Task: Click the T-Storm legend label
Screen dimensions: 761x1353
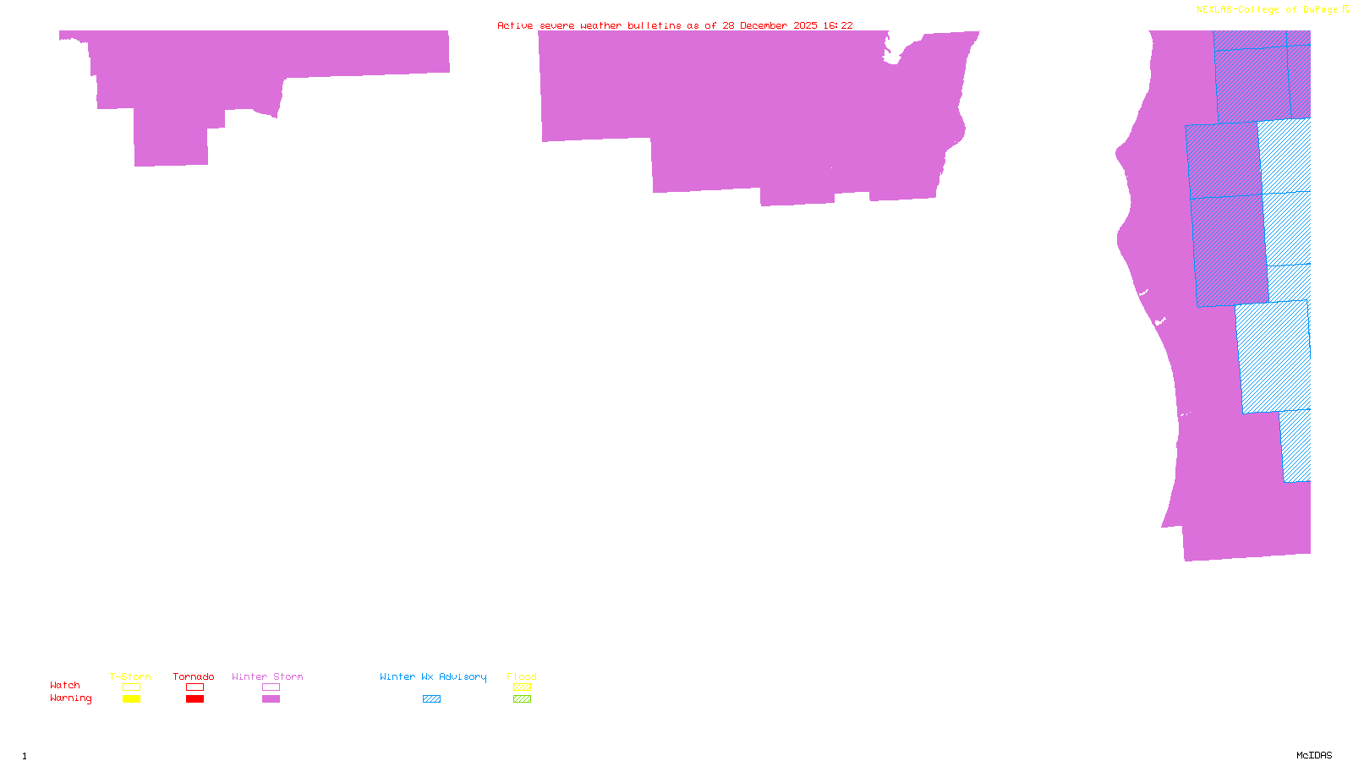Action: point(130,676)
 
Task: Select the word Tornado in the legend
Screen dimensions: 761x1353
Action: point(194,676)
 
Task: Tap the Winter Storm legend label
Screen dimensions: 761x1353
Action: point(267,676)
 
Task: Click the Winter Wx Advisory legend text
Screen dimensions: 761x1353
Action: point(433,676)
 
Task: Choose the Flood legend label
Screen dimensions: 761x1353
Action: point(522,676)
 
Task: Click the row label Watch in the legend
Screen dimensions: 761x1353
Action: point(65,685)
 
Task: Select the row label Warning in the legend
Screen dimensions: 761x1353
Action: point(71,698)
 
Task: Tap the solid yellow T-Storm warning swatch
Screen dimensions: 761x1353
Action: point(131,699)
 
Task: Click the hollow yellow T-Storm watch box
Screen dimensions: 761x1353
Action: point(131,687)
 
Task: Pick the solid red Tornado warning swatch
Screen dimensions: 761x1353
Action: point(194,699)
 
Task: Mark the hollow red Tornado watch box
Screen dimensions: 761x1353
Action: point(194,687)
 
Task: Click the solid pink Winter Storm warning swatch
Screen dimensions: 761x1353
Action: point(271,699)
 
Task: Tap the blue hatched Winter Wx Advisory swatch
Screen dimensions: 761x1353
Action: point(431,699)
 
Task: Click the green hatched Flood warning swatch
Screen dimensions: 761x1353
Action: point(522,699)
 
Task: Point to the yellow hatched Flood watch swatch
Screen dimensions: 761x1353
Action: point(522,687)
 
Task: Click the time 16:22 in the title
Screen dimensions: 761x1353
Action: point(838,25)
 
